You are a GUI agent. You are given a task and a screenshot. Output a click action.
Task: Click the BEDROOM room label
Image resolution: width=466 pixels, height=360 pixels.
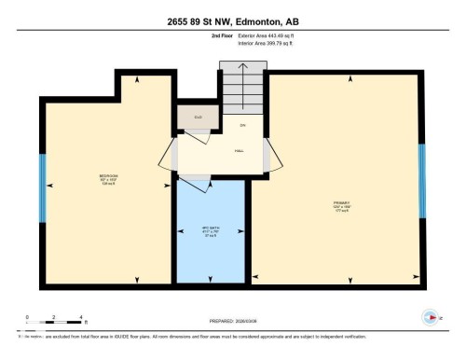108,179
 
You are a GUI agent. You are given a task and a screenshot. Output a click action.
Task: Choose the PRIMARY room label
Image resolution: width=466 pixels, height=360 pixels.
341,204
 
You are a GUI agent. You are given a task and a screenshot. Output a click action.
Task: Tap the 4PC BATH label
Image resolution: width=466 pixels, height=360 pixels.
211,229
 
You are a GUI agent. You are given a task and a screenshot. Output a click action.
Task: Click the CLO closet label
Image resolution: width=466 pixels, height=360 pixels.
198,118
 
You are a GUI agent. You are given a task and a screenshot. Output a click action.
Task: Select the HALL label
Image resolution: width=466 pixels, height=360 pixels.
240,150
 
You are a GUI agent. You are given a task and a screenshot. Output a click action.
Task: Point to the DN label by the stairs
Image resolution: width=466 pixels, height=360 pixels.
242,124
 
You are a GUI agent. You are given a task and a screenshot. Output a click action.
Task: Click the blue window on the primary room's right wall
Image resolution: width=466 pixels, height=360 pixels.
422,174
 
